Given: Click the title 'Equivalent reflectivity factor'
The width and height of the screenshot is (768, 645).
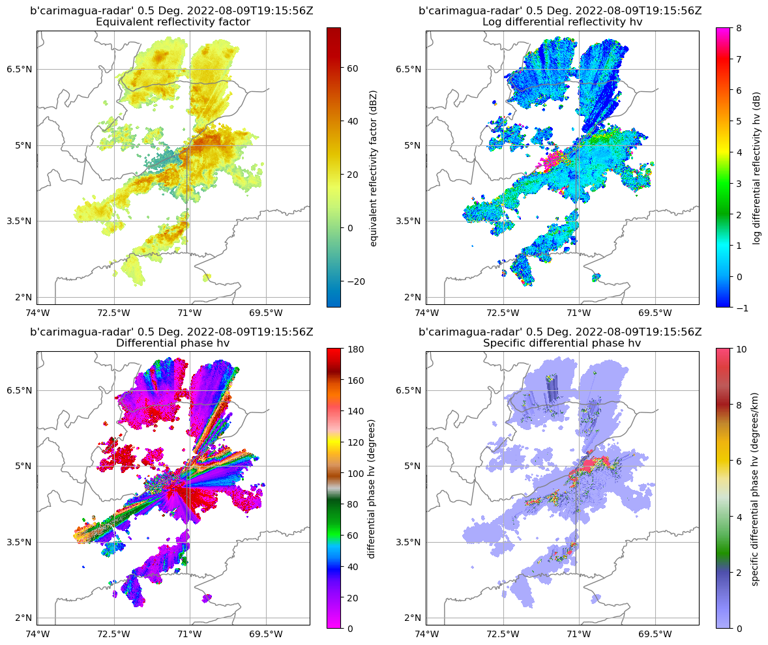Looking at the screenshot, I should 173,22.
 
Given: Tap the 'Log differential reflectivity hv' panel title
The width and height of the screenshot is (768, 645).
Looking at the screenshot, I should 562,22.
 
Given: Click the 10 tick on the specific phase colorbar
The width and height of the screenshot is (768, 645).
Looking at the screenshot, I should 742,349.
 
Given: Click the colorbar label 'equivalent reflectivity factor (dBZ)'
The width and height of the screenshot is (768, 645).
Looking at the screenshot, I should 374,167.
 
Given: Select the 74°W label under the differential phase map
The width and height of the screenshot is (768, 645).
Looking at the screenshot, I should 37,634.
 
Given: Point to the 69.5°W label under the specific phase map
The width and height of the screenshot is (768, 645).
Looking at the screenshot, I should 655,634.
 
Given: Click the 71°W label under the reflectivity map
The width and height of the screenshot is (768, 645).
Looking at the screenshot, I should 190,313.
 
